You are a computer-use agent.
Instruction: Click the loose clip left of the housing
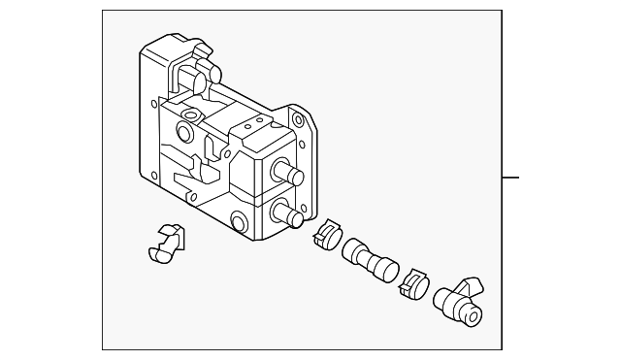pos(166,242)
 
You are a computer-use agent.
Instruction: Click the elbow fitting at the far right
pos(457,300)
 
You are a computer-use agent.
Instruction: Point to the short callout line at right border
pos(510,178)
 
